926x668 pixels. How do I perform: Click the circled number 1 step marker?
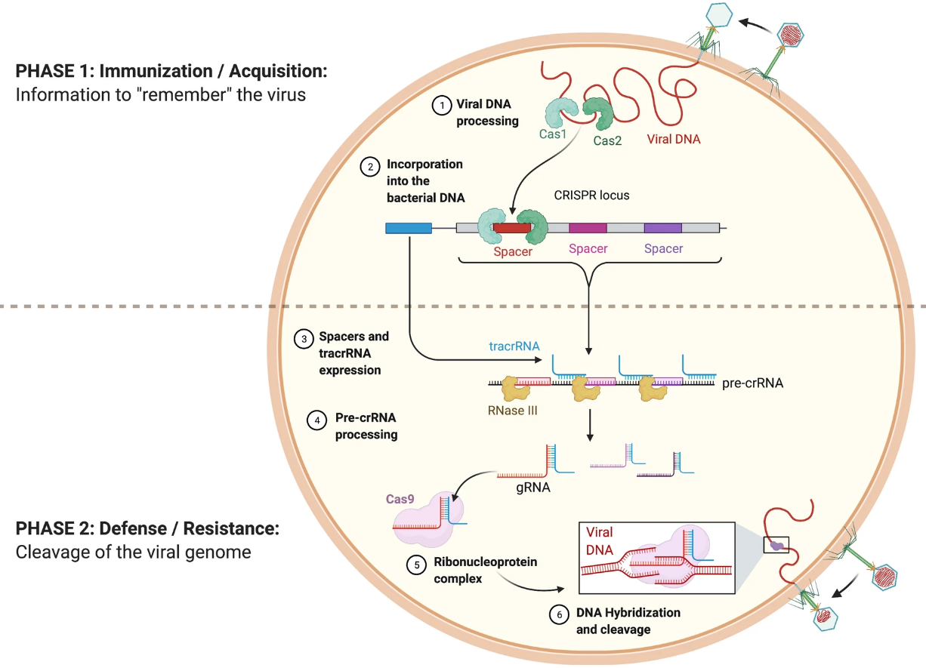coord(440,106)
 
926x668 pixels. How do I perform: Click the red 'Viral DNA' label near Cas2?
coord(674,139)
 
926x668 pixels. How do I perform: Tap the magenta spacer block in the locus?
coord(588,226)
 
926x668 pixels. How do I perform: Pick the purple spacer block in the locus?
coord(662,226)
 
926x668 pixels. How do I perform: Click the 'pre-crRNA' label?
coord(753,383)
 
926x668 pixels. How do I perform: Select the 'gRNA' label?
coord(532,488)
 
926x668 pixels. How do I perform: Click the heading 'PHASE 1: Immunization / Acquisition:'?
coord(171,72)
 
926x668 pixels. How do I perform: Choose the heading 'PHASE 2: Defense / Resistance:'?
coord(148,528)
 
